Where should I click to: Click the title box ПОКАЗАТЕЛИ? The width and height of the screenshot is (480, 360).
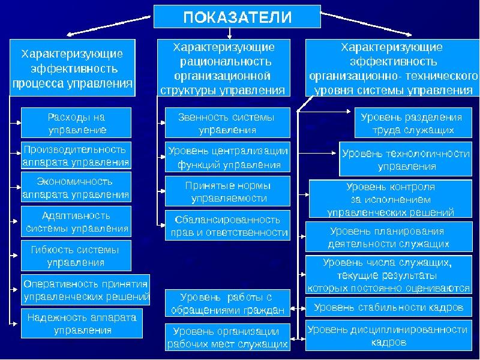[x=237, y=17]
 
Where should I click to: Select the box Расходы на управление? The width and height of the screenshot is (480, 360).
[x=76, y=123]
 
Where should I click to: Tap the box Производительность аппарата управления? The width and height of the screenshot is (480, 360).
[x=76, y=155]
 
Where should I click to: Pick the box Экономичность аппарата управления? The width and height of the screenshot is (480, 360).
[x=76, y=187]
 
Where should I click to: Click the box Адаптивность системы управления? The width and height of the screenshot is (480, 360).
[x=76, y=221]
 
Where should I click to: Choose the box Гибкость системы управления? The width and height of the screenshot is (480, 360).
[x=76, y=256]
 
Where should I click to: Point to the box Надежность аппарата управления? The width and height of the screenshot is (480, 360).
[x=82, y=323]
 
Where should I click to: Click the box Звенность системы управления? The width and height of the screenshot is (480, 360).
[x=227, y=123]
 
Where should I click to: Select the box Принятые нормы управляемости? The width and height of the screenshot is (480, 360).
[x=227, y=191]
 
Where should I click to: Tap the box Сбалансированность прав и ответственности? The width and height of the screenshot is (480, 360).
[x=227, y=226]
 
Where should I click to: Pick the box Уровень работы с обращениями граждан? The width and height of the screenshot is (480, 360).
[x=227, y=303]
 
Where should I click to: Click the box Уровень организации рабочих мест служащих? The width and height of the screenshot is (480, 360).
[x=227, y=337]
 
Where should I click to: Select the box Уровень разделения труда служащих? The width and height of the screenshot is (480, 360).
[x=413, y=123]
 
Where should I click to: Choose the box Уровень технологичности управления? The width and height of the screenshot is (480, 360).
[x=406, y=159]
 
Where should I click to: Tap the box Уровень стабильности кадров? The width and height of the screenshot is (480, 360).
[x=389, y=307]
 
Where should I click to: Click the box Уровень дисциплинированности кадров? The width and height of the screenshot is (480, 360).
[x=389, y=335]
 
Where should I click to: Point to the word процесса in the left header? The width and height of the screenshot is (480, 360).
[x=38, y=83]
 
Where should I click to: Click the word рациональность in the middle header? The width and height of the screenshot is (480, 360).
[x=226, y=62]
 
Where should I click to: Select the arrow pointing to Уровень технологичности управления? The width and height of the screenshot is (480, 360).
[x=317, y=153]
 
